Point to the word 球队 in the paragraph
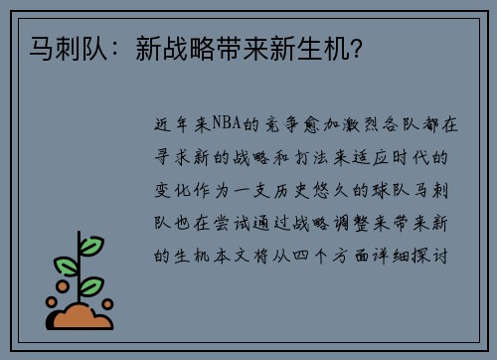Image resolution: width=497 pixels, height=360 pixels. click(x=387, y=191)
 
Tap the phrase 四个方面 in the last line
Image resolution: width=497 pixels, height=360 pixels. click(x=330, y=257)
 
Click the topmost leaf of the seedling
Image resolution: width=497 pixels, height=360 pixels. click(x=91, y=245)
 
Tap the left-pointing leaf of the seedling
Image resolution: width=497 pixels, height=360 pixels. click(x=67, y=266)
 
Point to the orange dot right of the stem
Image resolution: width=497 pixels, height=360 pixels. click(x=107, y=303)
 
